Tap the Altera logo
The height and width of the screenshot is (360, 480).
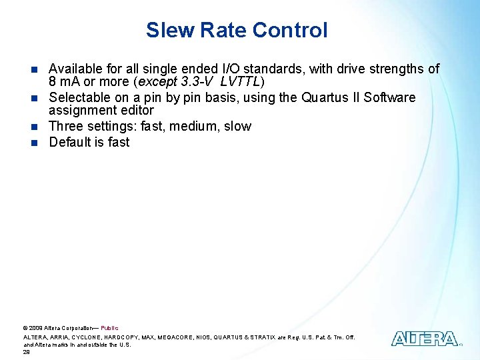point(424,339)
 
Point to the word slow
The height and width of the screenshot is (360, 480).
point(238,127)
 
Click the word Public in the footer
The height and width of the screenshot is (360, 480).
point(109,328)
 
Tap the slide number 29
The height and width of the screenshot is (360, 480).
point(27,352)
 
